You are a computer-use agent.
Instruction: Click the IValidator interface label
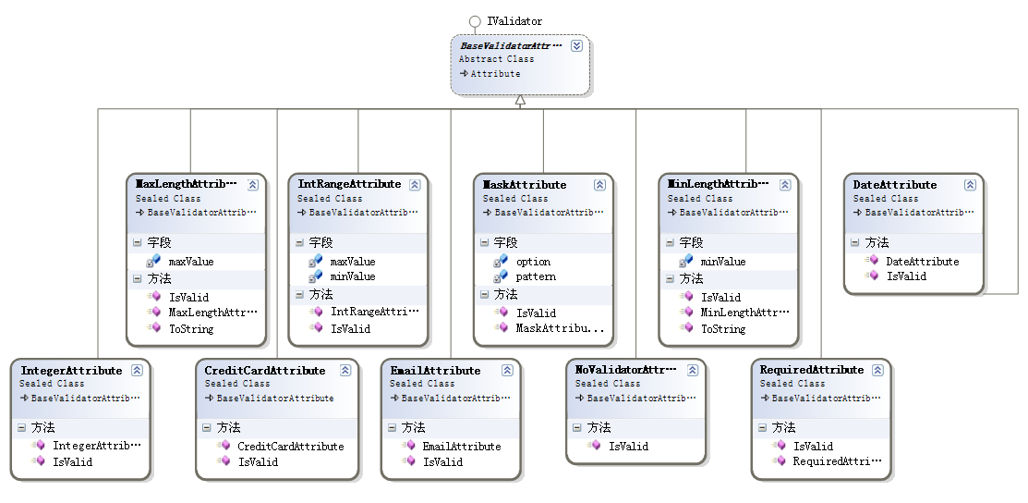[514, 20]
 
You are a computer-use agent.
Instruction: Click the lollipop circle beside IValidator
[475, 20]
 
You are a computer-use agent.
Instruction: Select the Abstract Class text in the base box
[496, 59]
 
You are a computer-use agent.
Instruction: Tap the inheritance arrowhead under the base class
[520, 100]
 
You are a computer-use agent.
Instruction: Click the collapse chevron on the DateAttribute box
[970, 185]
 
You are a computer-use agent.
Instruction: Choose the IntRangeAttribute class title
[349, 185]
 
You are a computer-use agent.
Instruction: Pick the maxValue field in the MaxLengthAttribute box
[190, 262]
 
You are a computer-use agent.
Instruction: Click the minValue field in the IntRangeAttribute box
[352, 276]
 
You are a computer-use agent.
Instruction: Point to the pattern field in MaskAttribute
[536, 276]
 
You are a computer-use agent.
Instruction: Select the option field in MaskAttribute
[533, 262]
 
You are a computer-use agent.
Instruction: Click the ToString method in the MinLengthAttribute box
[723, 328]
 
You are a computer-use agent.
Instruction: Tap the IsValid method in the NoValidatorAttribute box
[628, 446]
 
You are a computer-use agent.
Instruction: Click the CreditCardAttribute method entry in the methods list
[290, 447]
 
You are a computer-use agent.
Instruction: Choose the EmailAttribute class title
[435, 371]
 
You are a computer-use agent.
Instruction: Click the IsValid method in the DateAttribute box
[905, 276]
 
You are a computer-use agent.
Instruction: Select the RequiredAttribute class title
[811, 371]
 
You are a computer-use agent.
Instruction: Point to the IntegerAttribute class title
[71, 371]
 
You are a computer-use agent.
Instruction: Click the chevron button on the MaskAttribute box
[599, 185]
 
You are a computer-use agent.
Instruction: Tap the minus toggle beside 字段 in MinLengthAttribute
[666, 242]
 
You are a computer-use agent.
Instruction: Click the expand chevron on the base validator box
[576, 45]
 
